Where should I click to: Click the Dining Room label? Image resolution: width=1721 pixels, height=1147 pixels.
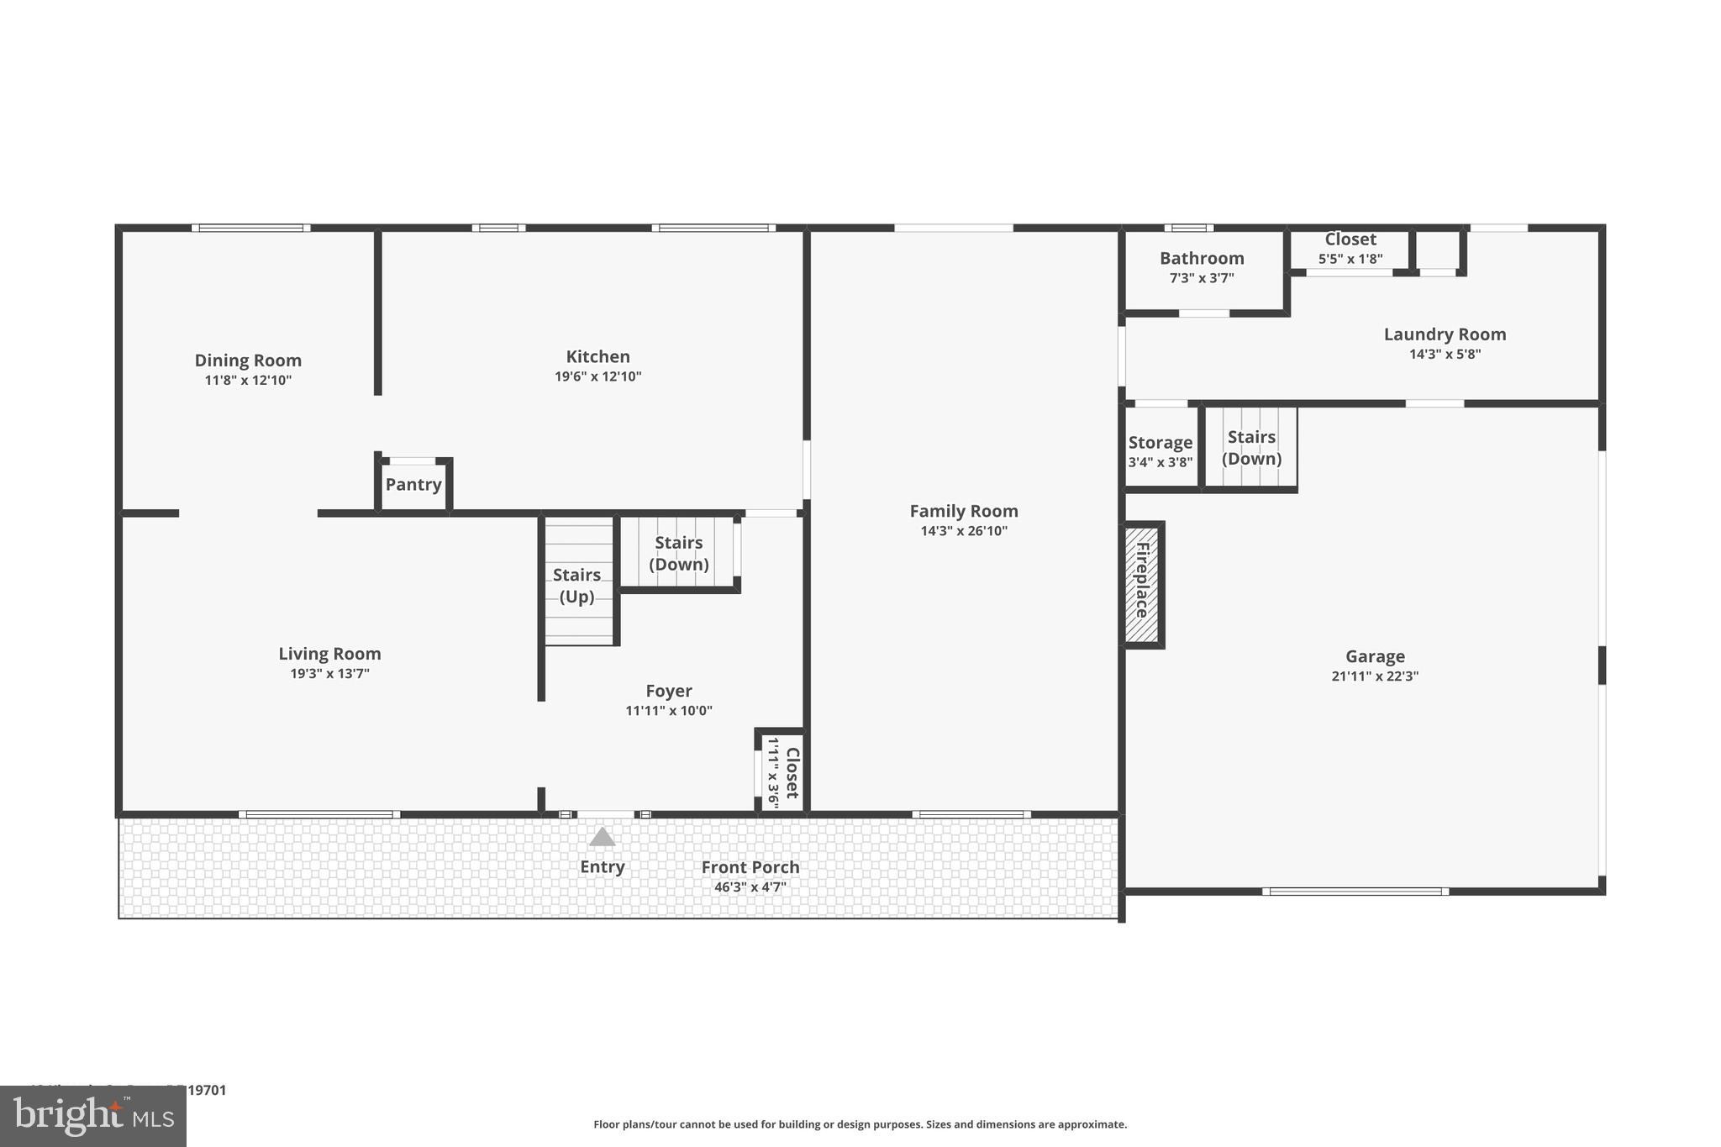coord(248,360)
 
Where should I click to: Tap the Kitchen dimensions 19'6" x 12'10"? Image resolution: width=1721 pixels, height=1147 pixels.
coord(597,376)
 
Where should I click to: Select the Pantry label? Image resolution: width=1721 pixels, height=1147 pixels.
coord(413,485)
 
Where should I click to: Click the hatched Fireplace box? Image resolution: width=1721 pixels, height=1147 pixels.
coord(1142,584)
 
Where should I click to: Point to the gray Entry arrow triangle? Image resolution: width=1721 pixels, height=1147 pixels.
coord(602,837)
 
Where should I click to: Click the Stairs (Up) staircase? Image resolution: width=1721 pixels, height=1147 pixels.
coord(578,585)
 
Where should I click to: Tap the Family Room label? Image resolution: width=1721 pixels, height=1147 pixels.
coord(963,511)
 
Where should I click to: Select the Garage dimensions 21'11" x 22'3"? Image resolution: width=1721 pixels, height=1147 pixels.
coord(1374,676)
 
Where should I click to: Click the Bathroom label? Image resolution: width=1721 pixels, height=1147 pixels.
coord(1202,259)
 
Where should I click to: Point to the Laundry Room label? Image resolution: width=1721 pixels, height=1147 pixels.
coord(1445,334)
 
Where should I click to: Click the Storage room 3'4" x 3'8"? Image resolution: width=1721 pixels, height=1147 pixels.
coord(1160,450)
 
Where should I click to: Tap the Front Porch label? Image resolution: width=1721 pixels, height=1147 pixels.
coord(750,867)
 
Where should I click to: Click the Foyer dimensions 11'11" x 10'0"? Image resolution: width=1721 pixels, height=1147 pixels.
coord(668,711)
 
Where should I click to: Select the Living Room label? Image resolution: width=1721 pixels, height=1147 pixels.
coord(329,654)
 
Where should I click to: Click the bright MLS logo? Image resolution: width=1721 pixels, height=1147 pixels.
coord(93,1116)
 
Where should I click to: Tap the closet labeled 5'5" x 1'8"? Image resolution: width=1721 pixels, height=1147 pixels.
coord(1350,249)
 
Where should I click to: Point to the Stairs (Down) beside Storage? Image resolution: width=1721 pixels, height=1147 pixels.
coord(1251,448)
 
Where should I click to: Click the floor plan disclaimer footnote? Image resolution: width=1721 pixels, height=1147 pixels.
coord(860,1124)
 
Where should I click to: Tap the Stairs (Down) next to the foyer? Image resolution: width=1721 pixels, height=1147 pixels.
coord(679,553)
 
